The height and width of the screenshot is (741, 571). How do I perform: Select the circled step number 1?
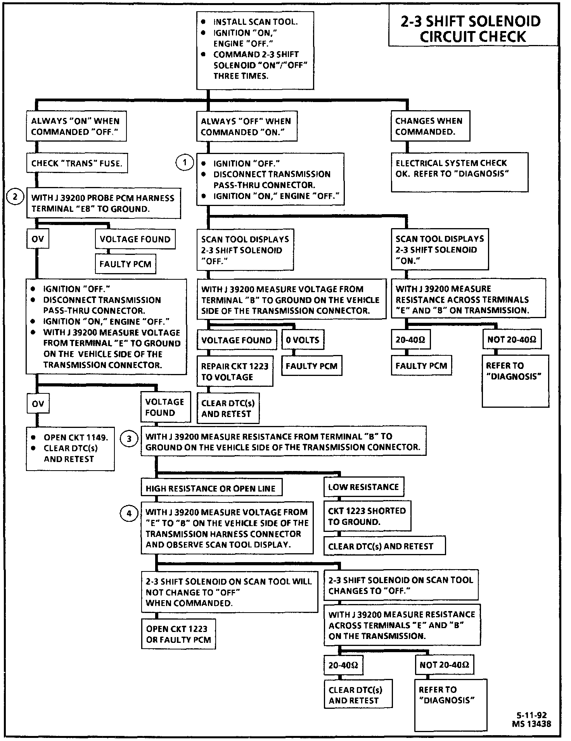(185, 163)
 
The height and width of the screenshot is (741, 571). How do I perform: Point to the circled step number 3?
(129, 439)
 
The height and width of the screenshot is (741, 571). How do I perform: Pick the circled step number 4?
(129, 514)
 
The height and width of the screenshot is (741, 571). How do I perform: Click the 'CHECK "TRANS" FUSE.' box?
(76, 163)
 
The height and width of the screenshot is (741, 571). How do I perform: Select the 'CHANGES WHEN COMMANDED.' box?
(430, 126)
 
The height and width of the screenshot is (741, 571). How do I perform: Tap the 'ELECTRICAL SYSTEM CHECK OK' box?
(459, 172)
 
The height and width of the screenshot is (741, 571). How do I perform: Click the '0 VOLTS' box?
(303, 340)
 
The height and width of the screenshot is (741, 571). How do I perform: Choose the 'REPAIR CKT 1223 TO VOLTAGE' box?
(235, 371)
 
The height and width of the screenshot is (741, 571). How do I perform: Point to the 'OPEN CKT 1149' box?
(70, 448)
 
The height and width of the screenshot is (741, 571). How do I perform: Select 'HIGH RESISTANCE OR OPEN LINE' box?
(211, 488)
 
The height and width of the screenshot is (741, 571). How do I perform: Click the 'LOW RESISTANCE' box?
(363, 487)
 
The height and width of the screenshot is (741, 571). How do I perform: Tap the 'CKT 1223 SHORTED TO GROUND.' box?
(367, 516)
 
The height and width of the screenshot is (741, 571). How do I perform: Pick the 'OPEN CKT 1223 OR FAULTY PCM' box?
(178, 634)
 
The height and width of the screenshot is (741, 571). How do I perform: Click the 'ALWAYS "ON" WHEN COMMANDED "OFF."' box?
(76, 126)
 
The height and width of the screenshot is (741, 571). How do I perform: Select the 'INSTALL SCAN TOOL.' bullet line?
(255, 22)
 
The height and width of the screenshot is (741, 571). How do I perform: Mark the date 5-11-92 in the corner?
(531, 715)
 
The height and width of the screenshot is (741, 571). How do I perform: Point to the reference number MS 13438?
(531, 724)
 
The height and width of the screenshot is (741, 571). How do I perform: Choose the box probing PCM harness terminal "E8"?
(103, 203)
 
